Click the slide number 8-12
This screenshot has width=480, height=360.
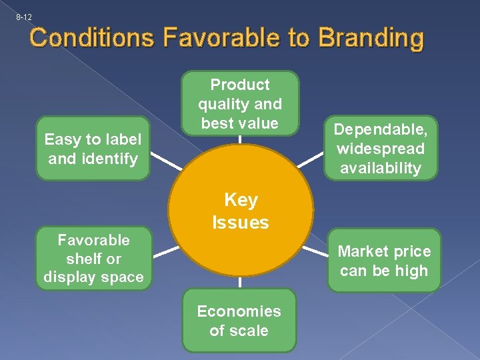click(24, 17)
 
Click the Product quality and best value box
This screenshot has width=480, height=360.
click(240, 103)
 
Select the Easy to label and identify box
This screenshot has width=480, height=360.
click(93, 149)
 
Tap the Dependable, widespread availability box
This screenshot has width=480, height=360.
click(380, 149)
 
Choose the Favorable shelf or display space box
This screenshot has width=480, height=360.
click(93, 258)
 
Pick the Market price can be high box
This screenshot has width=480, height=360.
click(383, 260)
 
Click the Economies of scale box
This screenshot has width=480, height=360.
click(239, 321)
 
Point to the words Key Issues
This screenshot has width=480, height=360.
click(241, 211)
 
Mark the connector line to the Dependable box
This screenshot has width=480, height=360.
click(310, 159)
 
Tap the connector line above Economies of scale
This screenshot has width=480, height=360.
click(240, 283)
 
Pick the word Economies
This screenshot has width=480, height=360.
click(239, 311)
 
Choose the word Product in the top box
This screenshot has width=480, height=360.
click(240, 85)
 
